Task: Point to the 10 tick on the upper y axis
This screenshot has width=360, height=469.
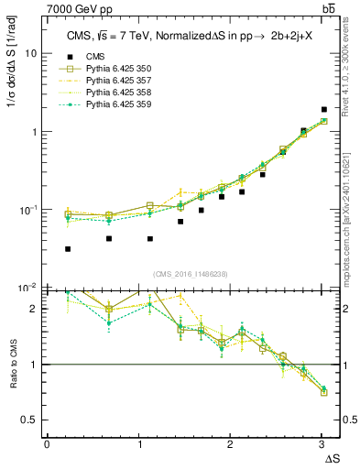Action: [x=31, y=53]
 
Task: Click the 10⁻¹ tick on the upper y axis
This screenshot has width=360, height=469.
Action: [x=29, y=210]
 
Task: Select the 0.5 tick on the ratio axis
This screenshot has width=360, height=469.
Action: [x=29, y=420]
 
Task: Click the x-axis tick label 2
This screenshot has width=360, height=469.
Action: [x=230, y=444]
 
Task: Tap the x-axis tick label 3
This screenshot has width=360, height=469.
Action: [x=322, y=444]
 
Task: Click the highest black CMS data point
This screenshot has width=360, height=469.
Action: [x=324, y=110]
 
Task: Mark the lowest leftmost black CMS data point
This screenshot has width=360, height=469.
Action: [x=68, y=249]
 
